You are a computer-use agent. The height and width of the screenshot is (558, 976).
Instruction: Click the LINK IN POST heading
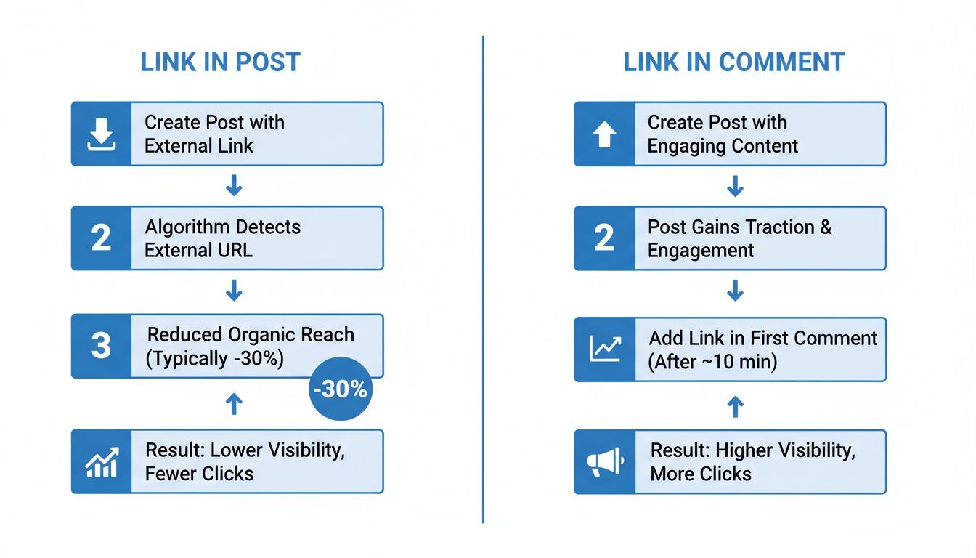[x=220, y=62]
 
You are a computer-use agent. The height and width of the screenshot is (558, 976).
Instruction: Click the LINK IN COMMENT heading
[x=733, y=62]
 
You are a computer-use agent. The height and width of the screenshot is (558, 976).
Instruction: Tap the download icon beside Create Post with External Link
[x=101, y=134]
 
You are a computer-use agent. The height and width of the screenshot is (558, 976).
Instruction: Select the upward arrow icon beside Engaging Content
[x=604, y=134]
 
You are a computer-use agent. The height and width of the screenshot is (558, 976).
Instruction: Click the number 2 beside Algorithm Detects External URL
[x=101, y=238]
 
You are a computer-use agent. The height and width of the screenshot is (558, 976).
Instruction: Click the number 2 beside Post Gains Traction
[x=604, y=238]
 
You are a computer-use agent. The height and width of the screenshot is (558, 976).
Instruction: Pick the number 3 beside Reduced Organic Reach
[x=101, y=346]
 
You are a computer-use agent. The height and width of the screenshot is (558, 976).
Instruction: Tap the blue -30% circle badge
[x=341, y=389]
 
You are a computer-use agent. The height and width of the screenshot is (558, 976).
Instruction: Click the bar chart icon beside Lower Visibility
[x=101, y=462]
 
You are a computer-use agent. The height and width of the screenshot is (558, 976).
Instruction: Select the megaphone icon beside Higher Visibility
[x=604, y=462]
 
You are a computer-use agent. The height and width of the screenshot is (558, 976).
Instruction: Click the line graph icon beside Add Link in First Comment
[x=604, y=349]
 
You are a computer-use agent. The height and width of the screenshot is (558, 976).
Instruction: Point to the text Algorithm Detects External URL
[x=222, y=238]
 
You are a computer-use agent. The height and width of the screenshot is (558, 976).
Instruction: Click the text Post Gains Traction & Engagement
[x=739, y=238]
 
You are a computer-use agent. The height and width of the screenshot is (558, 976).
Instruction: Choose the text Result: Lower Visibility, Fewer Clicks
[x=245, y=462]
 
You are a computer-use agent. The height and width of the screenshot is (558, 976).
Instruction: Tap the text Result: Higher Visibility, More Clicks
[x=752, y=462]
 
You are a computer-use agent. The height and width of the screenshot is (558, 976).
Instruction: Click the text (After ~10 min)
[x=712, y=362]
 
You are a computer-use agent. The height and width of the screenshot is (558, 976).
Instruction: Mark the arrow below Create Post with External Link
[x=233, y=186]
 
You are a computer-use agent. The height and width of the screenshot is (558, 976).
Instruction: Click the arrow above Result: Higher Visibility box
[x=735, y=406]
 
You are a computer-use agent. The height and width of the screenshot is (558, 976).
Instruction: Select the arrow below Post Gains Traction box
[x=735, y=292]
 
